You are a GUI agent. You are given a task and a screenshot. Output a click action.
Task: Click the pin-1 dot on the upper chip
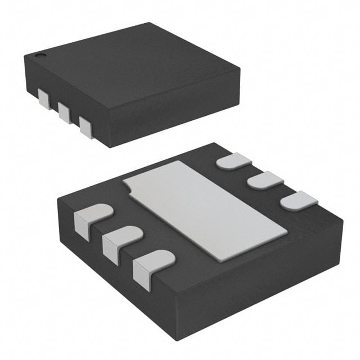click(40, 55)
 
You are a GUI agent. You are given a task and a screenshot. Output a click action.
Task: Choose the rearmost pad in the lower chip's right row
click(234, 161)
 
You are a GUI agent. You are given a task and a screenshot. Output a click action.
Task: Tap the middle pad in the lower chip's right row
click(265, 181)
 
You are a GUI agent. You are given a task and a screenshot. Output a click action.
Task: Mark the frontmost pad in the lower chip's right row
click(299, 201)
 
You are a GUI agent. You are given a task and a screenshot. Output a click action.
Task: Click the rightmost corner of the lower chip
click(343, 221)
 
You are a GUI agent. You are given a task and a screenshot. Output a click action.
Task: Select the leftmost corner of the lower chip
click(58, 196)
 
